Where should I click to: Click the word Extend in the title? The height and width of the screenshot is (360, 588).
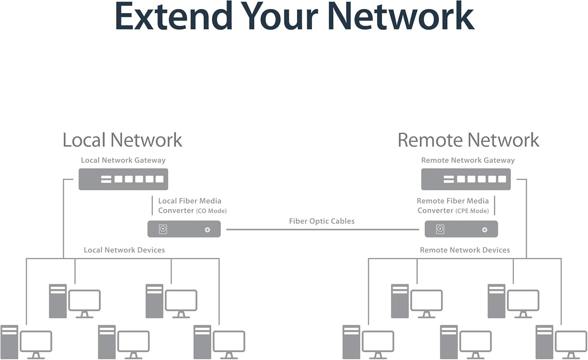174,16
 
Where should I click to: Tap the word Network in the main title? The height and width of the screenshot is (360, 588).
401,16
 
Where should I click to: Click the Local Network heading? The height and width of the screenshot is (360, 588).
122,140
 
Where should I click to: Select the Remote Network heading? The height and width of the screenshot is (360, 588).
468,140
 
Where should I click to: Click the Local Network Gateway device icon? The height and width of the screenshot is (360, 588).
123,179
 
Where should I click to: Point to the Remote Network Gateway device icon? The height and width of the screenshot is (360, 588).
466,179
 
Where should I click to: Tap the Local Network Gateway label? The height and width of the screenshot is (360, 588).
123,160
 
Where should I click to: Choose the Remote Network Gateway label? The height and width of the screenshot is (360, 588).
468,160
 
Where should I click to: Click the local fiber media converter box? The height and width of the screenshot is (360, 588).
184,229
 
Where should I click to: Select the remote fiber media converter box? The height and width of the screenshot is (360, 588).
461,229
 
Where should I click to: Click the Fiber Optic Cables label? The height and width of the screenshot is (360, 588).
321,221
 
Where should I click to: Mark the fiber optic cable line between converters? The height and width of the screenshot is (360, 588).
323,229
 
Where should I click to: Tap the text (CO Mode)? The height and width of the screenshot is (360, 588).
211,211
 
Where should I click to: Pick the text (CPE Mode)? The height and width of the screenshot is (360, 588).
472,211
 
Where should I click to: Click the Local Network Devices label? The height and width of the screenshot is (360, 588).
124,250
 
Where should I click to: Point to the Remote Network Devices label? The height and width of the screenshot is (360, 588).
465,250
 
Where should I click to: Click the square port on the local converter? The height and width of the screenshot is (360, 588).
163,229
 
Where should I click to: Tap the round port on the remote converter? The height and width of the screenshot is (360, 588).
485,230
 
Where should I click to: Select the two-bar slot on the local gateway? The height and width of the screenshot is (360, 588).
106,179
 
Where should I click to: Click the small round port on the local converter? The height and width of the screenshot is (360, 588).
207,230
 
